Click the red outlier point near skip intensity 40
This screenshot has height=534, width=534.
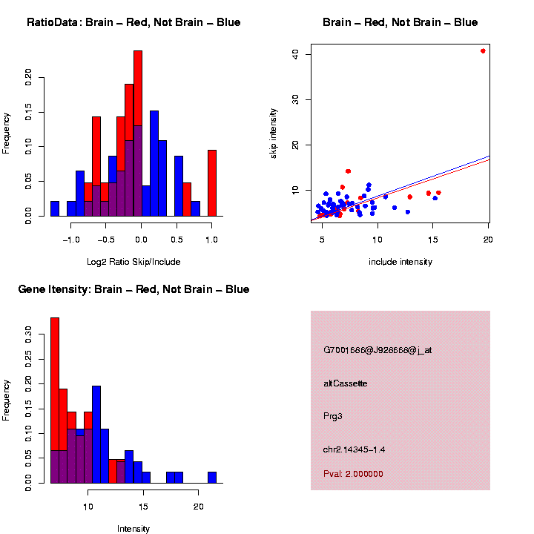483,51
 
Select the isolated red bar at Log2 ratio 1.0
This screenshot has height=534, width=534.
212,182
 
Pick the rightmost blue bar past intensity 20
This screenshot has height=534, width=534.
212,477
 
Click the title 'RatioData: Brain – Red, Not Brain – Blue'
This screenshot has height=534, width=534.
133,22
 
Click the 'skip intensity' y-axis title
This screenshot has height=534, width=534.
273,131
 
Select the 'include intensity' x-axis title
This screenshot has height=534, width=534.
400,262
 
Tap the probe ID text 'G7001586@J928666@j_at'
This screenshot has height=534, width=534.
378,350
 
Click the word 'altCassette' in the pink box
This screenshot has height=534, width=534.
346,383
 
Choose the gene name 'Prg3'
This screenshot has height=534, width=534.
333,416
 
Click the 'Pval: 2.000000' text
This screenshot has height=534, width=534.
354,474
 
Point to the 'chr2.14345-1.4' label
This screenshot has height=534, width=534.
355,449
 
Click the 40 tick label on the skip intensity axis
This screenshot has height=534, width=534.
294,54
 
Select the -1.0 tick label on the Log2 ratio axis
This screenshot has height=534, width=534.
70,240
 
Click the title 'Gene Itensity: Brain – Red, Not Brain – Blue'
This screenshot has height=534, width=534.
133,289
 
